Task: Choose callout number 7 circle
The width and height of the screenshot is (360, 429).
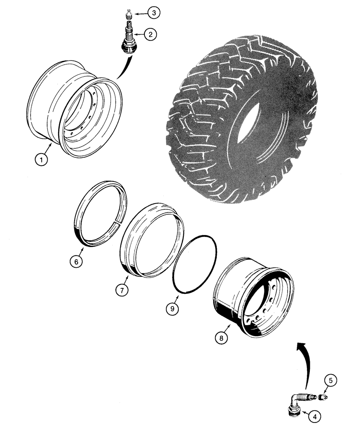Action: point(122,290)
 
